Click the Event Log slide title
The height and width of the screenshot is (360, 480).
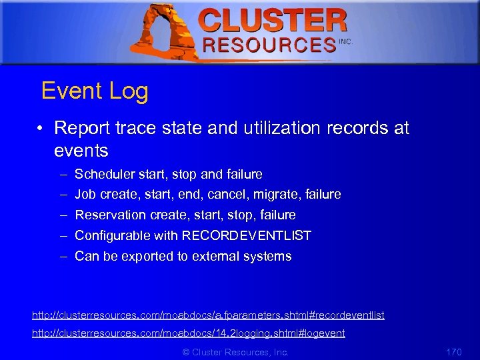point(95,91)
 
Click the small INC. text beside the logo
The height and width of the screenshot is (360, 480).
point(345,41)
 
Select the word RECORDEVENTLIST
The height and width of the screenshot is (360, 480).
point(247,235)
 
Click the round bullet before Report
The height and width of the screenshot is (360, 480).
point(41,128)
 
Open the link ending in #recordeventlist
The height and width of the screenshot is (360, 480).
point(209,315)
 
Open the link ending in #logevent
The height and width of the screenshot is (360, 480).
point(189,333)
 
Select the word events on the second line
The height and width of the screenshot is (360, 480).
point(81,150)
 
